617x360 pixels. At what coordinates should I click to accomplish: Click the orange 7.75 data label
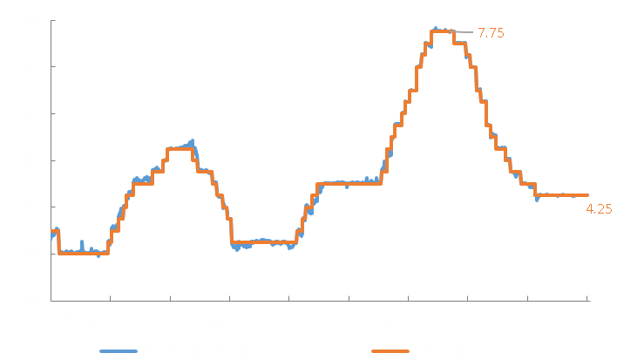coord(492,33)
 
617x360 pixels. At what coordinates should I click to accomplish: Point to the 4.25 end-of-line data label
coord(600,209)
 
